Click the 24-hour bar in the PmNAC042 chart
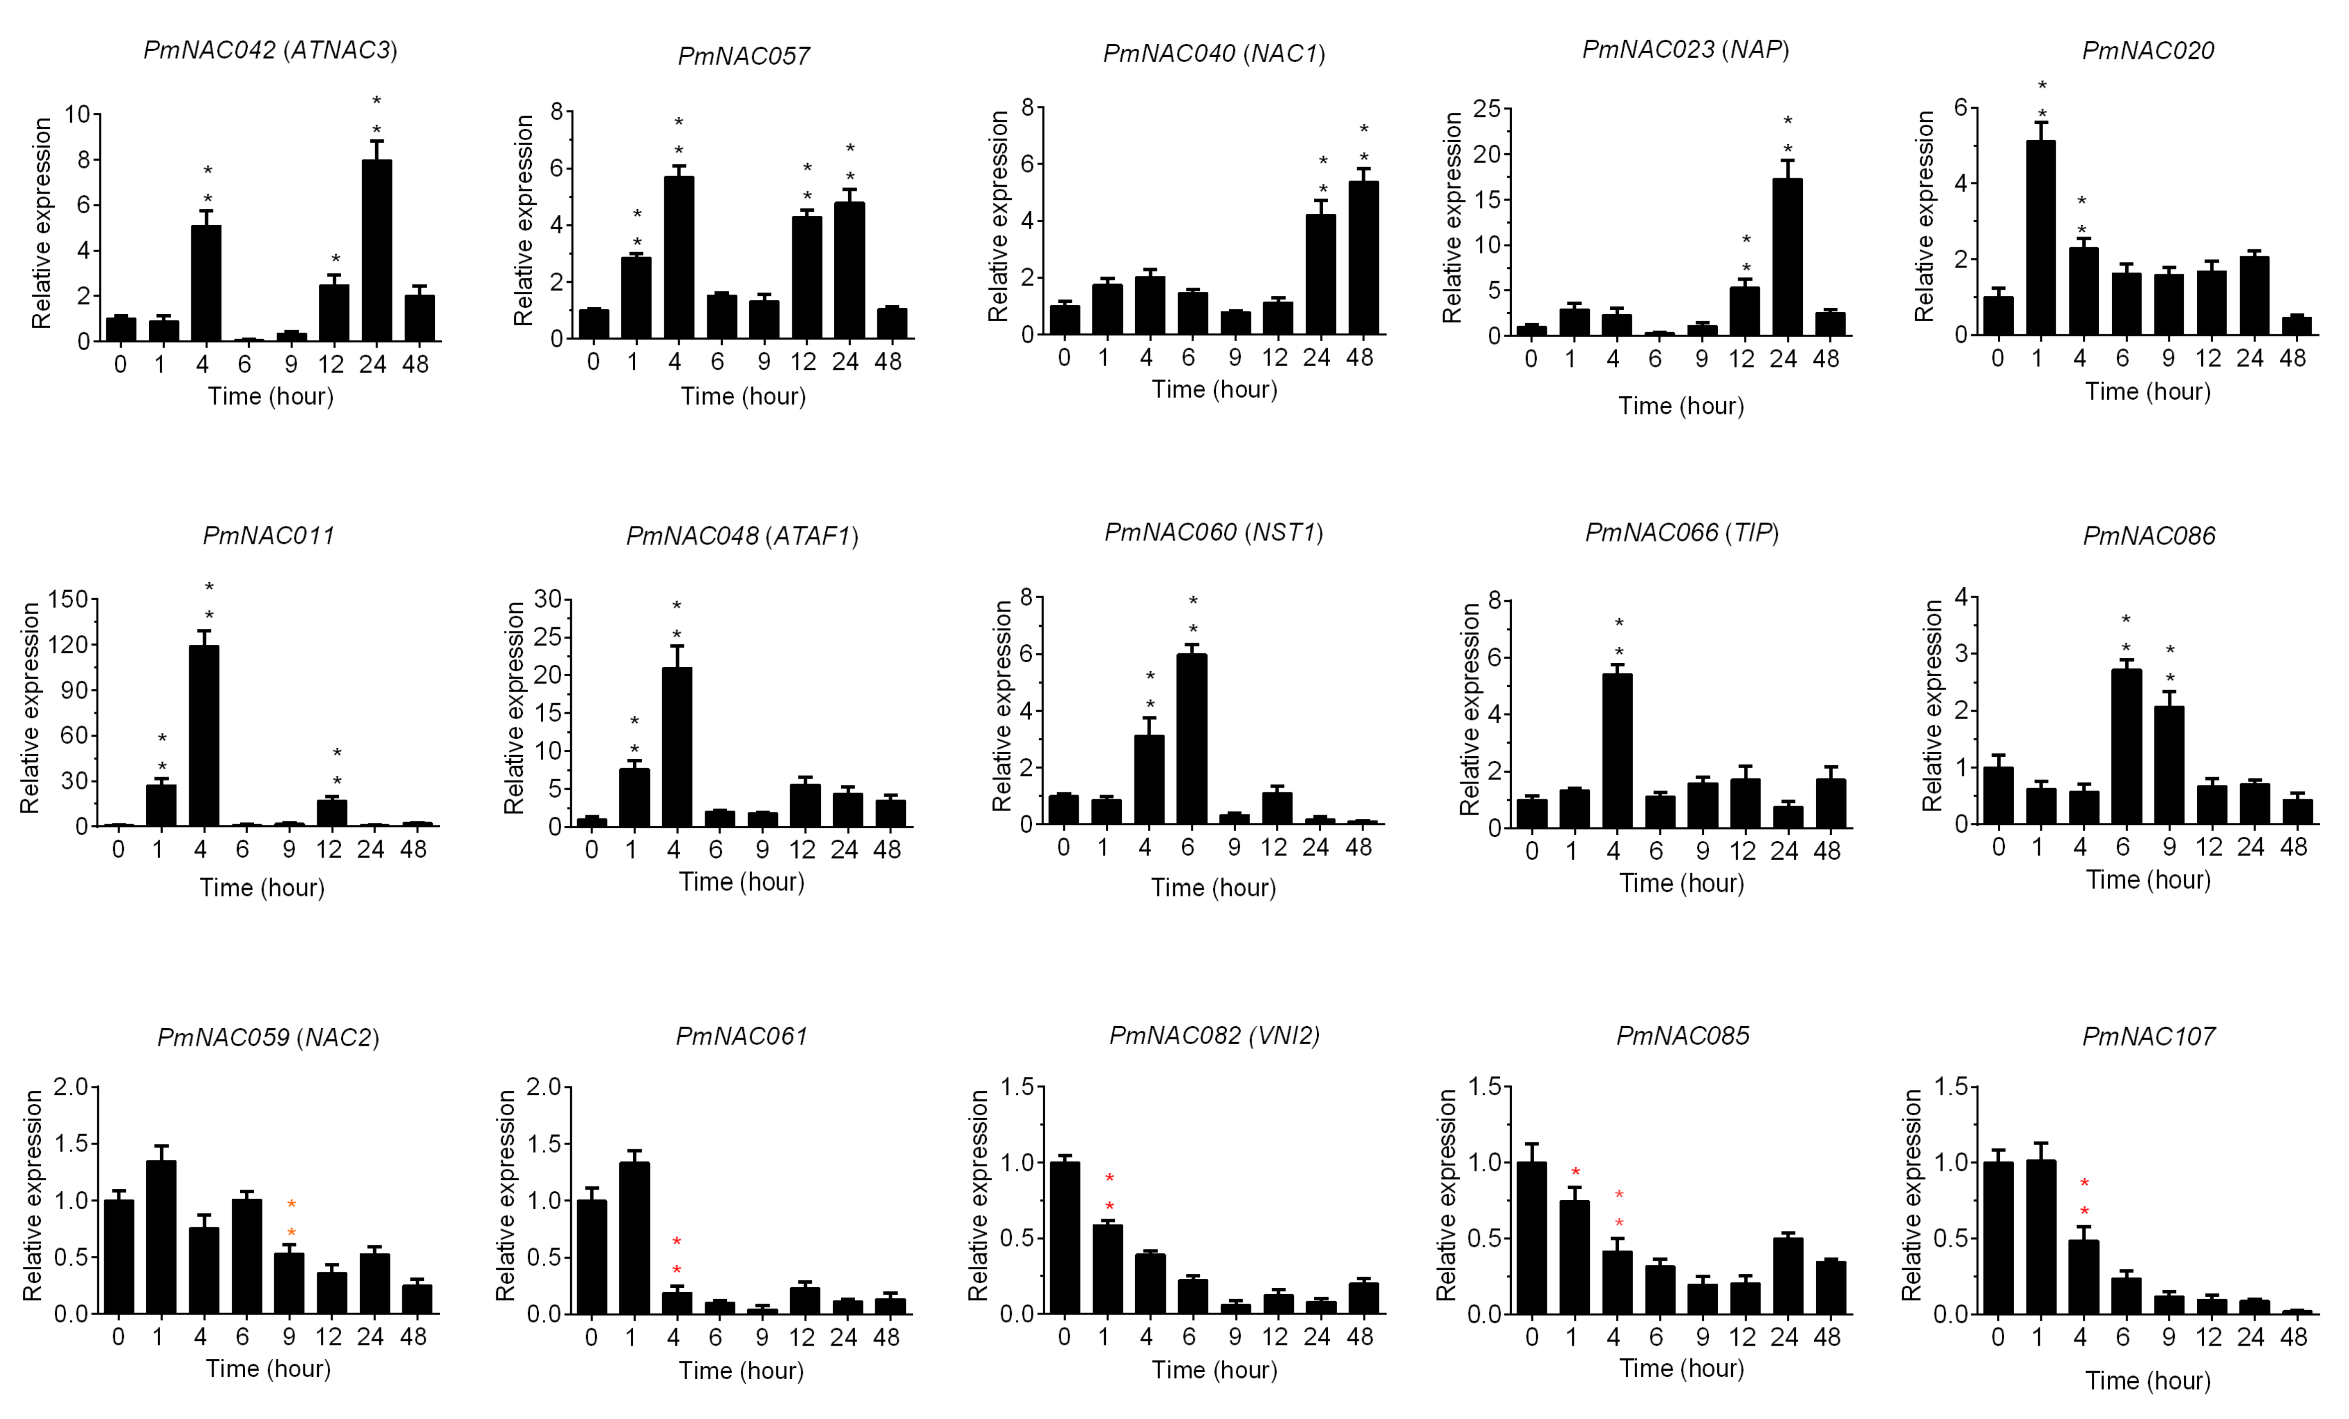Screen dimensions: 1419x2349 point(377,250)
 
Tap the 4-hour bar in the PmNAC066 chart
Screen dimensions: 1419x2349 point(1618,750)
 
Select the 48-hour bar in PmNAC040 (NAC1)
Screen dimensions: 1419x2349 point(1363,258)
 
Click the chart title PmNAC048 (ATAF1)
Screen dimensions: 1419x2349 point(742,536)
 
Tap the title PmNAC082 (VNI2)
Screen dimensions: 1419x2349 point(1214,1036)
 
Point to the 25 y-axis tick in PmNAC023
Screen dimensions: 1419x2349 point(1486,109)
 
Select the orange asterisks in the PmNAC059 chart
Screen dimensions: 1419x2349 point(291,1219)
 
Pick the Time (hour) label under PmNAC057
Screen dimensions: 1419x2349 point(743,396)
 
